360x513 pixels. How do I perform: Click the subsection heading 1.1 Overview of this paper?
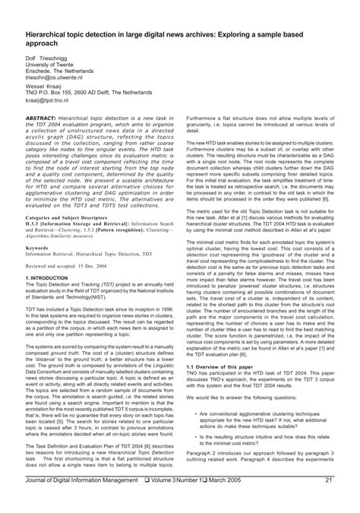coord(220,386)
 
